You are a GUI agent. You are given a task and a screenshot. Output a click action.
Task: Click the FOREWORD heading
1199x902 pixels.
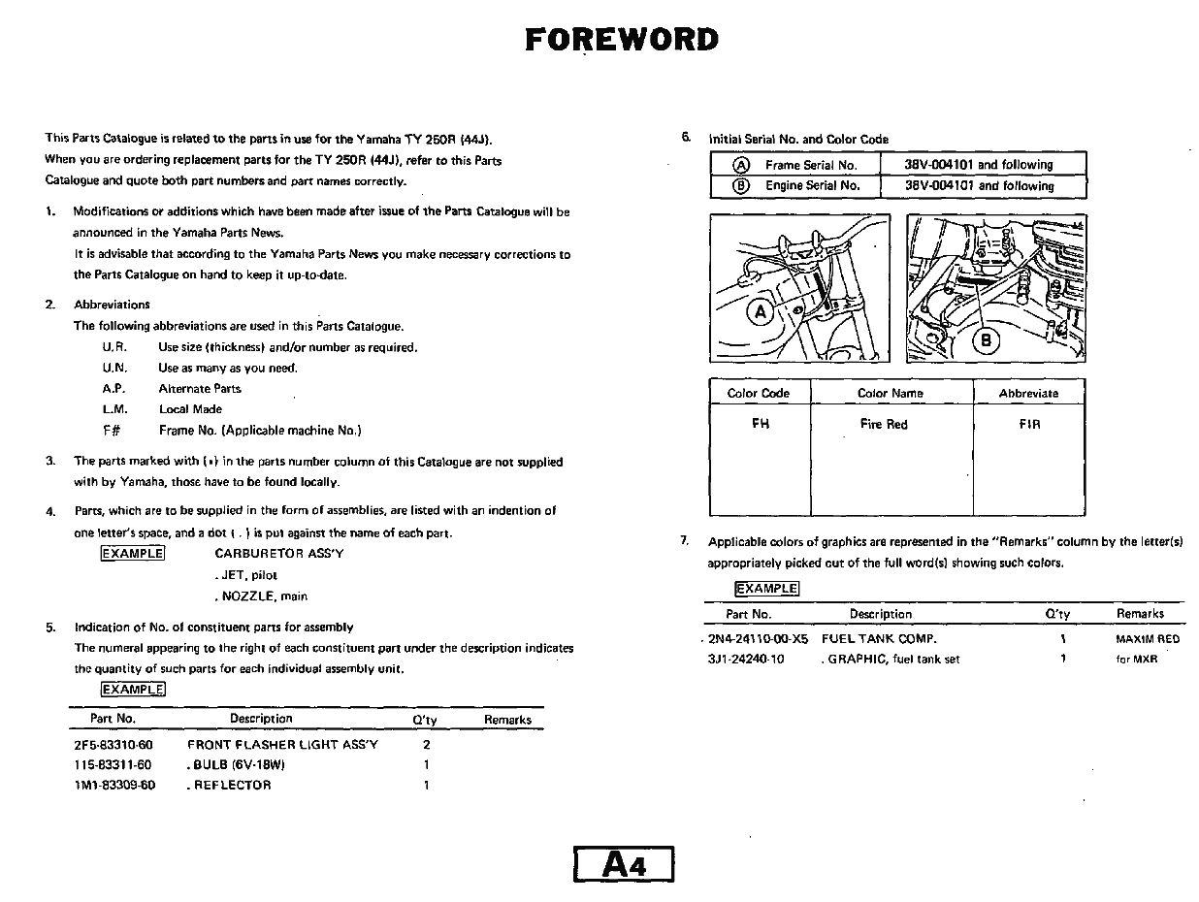coord(622,40)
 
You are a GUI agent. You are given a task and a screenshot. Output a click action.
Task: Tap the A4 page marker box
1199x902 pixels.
coord(624,864)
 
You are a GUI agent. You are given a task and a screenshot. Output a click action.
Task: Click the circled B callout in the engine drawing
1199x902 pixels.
coord(987,340)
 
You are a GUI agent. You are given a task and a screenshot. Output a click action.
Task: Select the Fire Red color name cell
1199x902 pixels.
coord(883,424)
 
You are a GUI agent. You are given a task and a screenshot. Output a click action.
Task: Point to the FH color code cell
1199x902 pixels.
coord(760,424)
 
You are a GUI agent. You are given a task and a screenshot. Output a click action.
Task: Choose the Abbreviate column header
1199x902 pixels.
coord(1028,393)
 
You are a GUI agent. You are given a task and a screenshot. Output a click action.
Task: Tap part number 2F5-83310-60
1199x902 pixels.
coord(113,745)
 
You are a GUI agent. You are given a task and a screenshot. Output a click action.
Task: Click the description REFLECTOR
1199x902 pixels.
coord(231,786)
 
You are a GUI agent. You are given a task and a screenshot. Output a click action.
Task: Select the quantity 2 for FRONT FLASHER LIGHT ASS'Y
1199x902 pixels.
coord(426,745)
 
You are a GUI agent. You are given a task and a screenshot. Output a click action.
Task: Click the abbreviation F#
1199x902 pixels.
coord(111,431)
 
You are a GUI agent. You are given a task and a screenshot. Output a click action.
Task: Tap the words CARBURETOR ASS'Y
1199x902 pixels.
coord(278,554)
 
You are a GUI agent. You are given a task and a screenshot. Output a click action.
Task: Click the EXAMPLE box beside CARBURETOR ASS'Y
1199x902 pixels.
coord(132,554)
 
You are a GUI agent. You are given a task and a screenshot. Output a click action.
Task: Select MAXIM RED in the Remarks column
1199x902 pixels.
coord(1148,639)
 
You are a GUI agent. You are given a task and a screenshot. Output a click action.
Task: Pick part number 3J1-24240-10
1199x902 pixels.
coord(746,660)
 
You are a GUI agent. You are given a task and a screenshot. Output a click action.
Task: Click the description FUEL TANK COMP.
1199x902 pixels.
coord(879,639)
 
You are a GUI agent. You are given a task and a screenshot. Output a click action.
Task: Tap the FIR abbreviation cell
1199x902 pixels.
coord(1029,424)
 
